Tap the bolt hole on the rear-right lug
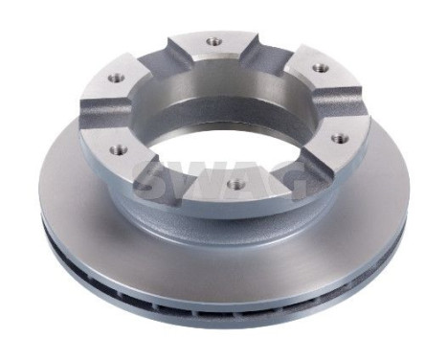point(320,68)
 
